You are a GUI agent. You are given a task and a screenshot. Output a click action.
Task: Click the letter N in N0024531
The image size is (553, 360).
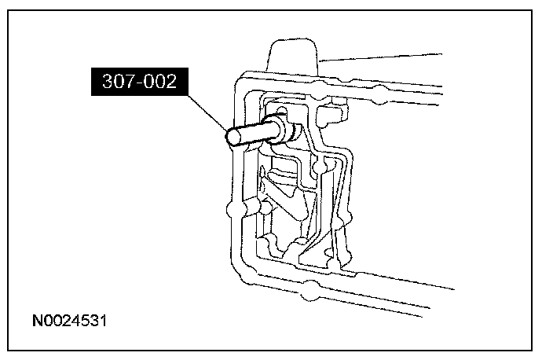(37, 321)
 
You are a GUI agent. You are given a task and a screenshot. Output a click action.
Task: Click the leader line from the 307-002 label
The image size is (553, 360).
(206, 112)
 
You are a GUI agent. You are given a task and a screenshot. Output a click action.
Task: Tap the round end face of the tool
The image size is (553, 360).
(233, 137)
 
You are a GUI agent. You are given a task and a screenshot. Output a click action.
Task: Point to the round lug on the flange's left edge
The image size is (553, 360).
(232, 211)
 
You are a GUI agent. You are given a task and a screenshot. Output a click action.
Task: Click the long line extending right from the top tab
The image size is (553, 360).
(385, 57)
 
